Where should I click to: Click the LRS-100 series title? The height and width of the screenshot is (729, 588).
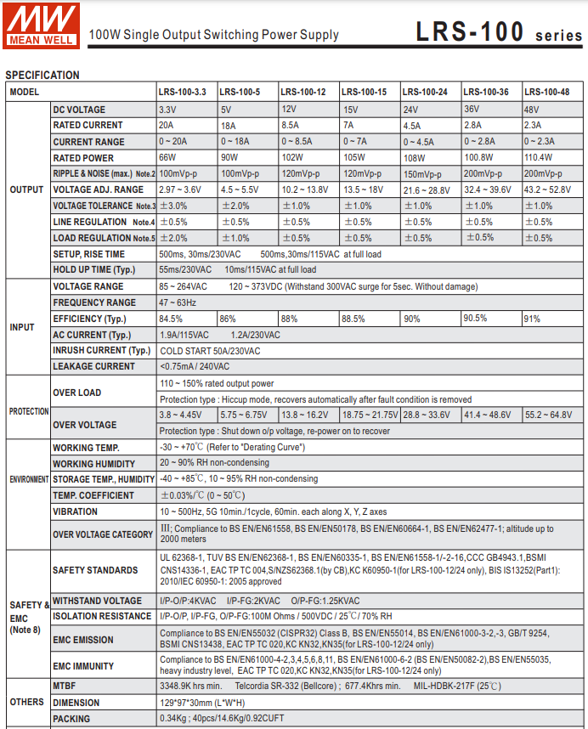[499, 31]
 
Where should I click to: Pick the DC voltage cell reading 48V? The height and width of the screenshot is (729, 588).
[532, 110]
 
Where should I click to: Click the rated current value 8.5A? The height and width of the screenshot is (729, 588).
[290, 125]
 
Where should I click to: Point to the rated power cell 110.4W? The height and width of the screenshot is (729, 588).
[539, 157]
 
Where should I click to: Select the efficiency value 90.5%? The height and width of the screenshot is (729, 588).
[475, 319]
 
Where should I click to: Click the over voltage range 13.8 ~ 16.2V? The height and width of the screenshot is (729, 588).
[304, 415]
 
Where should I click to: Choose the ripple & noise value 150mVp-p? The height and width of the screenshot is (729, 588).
[427, 173]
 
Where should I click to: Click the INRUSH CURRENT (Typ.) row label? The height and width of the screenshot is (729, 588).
[101, 350]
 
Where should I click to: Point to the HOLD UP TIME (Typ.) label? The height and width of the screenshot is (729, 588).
[93, 269]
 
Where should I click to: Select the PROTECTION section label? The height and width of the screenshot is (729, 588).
[29, 411]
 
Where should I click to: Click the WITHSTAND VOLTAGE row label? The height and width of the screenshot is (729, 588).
[98, 601]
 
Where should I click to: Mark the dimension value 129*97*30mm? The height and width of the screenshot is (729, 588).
[203, 703]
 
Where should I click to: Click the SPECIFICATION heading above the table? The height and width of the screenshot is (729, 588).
[42, 75]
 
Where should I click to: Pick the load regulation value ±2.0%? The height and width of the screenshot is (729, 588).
[173, 238]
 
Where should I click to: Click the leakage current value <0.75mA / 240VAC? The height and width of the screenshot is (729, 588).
[195, 366]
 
